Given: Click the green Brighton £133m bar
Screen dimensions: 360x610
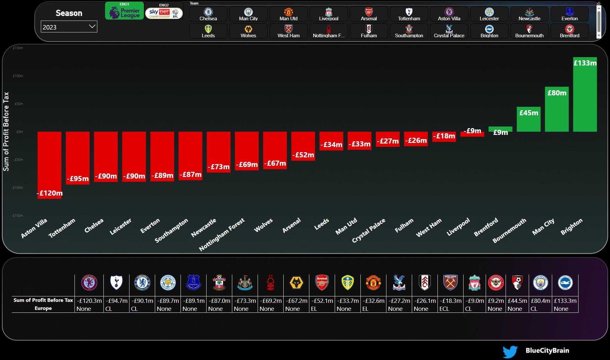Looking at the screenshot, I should tap(585, 94).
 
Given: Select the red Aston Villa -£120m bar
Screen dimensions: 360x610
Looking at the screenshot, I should tap(49, 165).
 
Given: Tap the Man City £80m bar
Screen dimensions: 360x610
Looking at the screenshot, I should tap(556, 109).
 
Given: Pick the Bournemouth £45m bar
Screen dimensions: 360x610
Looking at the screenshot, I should tap(528, 119).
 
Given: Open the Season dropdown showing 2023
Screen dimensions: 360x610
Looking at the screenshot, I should tap(69, 27).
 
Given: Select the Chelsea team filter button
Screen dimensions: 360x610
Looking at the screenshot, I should tap(208, 14).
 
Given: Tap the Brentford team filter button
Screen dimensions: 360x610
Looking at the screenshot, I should tap(569, 31).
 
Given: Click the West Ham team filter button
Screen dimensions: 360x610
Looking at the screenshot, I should tap(288, 31).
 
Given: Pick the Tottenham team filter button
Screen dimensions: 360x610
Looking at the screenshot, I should tap(409, 14).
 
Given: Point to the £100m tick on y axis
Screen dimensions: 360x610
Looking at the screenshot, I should tap(18, 76).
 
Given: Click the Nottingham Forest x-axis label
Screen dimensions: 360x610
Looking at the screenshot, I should tap(222, 235).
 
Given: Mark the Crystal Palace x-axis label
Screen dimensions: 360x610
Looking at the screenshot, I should tap(368, 231).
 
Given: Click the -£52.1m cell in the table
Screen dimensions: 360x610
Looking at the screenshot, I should tap(322, 301).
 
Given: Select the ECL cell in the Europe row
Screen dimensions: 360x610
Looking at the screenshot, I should tap(444, 309).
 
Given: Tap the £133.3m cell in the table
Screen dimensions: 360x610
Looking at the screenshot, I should tap(565, 301).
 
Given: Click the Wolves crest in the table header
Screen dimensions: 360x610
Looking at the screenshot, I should tap(296, 283).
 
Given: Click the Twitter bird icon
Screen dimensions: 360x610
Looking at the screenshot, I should tap(510, 351).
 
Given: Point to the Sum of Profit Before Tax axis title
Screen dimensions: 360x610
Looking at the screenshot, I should tap(6, 131).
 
